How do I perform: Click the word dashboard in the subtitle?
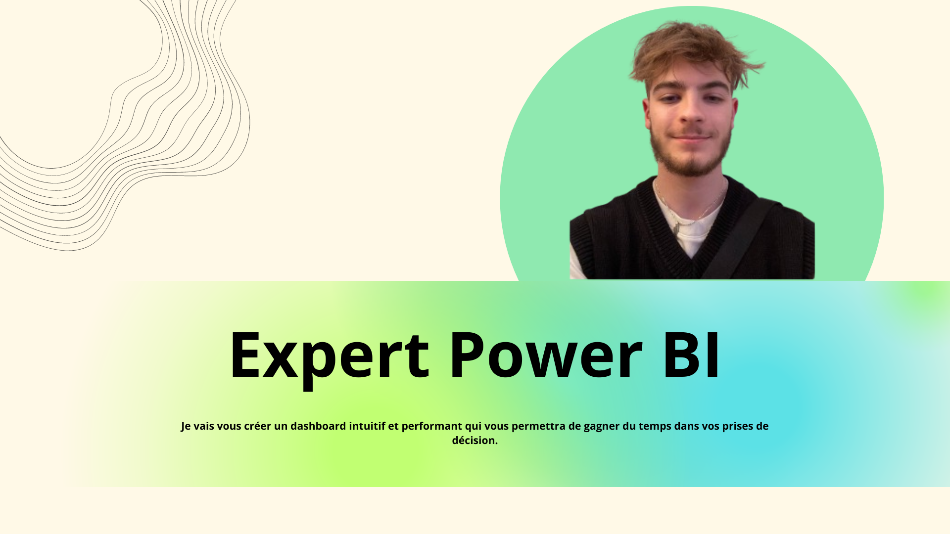[318, 426]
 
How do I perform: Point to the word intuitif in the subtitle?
[367, 426]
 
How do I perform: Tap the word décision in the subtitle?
[475, 440]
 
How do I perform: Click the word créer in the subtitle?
[257, 426]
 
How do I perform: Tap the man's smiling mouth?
[691, 137]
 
